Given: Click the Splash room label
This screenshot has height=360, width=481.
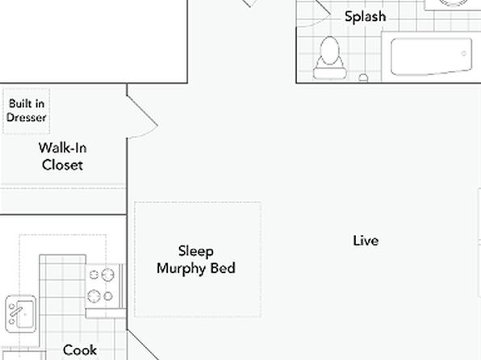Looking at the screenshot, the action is click(x=365, y=17).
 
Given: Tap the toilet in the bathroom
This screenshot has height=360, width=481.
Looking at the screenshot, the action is click(x=330, y=58).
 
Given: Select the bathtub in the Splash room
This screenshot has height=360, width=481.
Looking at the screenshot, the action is click(x=432, y=57).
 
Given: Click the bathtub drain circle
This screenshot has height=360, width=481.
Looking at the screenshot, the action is click(x=463, y=53).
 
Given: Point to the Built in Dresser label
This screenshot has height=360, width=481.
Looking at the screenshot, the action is click(x=27, y=111).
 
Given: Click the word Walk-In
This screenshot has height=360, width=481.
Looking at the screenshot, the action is click(x=63, y=148).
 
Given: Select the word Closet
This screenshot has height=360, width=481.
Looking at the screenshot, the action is click(x=62, y=165).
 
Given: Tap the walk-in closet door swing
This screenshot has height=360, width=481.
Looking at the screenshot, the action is click(x=142, y=116).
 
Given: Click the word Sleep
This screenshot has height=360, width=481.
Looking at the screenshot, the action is click(x=196, y=251).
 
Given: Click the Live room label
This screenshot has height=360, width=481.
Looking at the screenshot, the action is click(x=366, y=241).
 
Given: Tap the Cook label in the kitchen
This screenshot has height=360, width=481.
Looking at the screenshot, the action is click(x=80, y=350).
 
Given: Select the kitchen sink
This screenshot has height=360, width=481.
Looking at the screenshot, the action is click(x=20, y=314).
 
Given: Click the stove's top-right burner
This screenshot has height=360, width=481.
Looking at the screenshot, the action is click(x=107, y=274).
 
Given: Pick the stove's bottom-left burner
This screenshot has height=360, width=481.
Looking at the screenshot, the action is click(x=94, y=296).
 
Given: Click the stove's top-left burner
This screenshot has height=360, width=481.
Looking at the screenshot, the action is click(x=94, y=274).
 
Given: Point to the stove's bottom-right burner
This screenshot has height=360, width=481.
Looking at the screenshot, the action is click(x=108, y=296).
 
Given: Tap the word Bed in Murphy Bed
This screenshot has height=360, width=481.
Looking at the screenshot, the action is click(x=223, y=268).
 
